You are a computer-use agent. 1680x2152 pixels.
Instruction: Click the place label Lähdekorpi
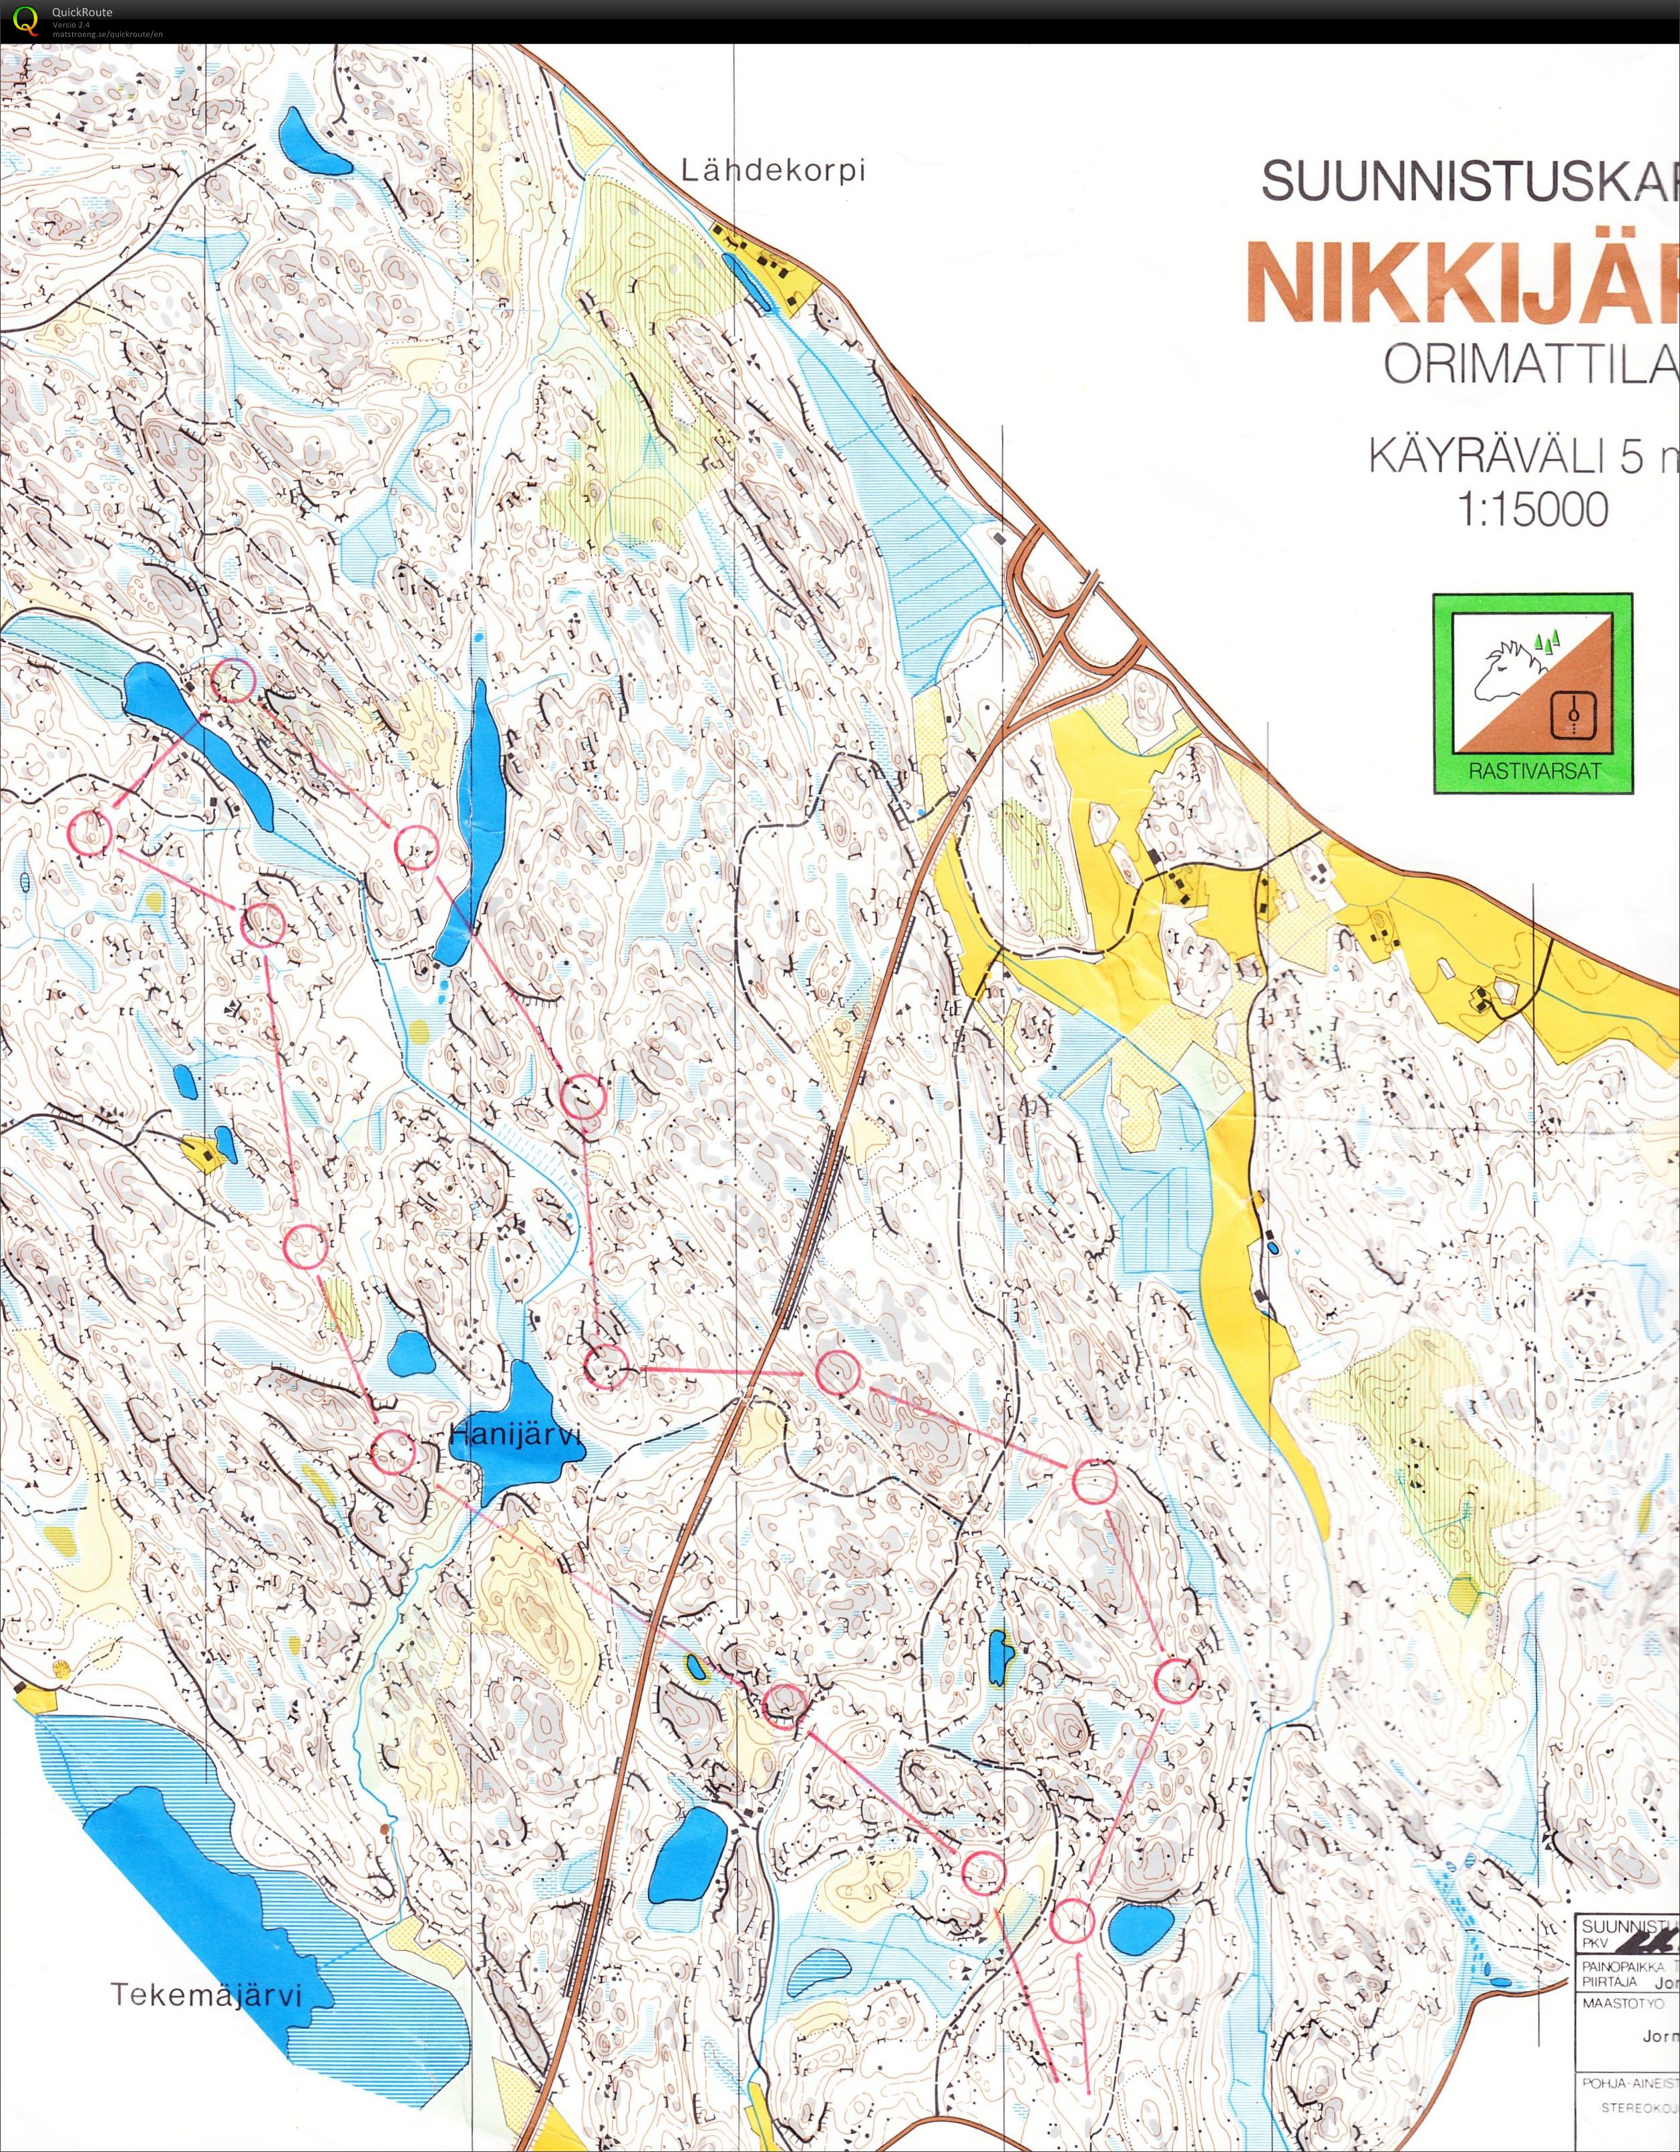click(x=772, y=170)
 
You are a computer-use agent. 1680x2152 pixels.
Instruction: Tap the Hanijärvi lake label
click(x=515, y=1436)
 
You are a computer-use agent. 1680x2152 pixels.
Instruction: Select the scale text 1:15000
click(x=1532, y=509)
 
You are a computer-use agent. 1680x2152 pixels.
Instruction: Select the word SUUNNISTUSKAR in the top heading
click(x=1468, y=180)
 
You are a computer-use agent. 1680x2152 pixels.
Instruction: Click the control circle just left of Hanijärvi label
click(x=393, y=1451)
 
